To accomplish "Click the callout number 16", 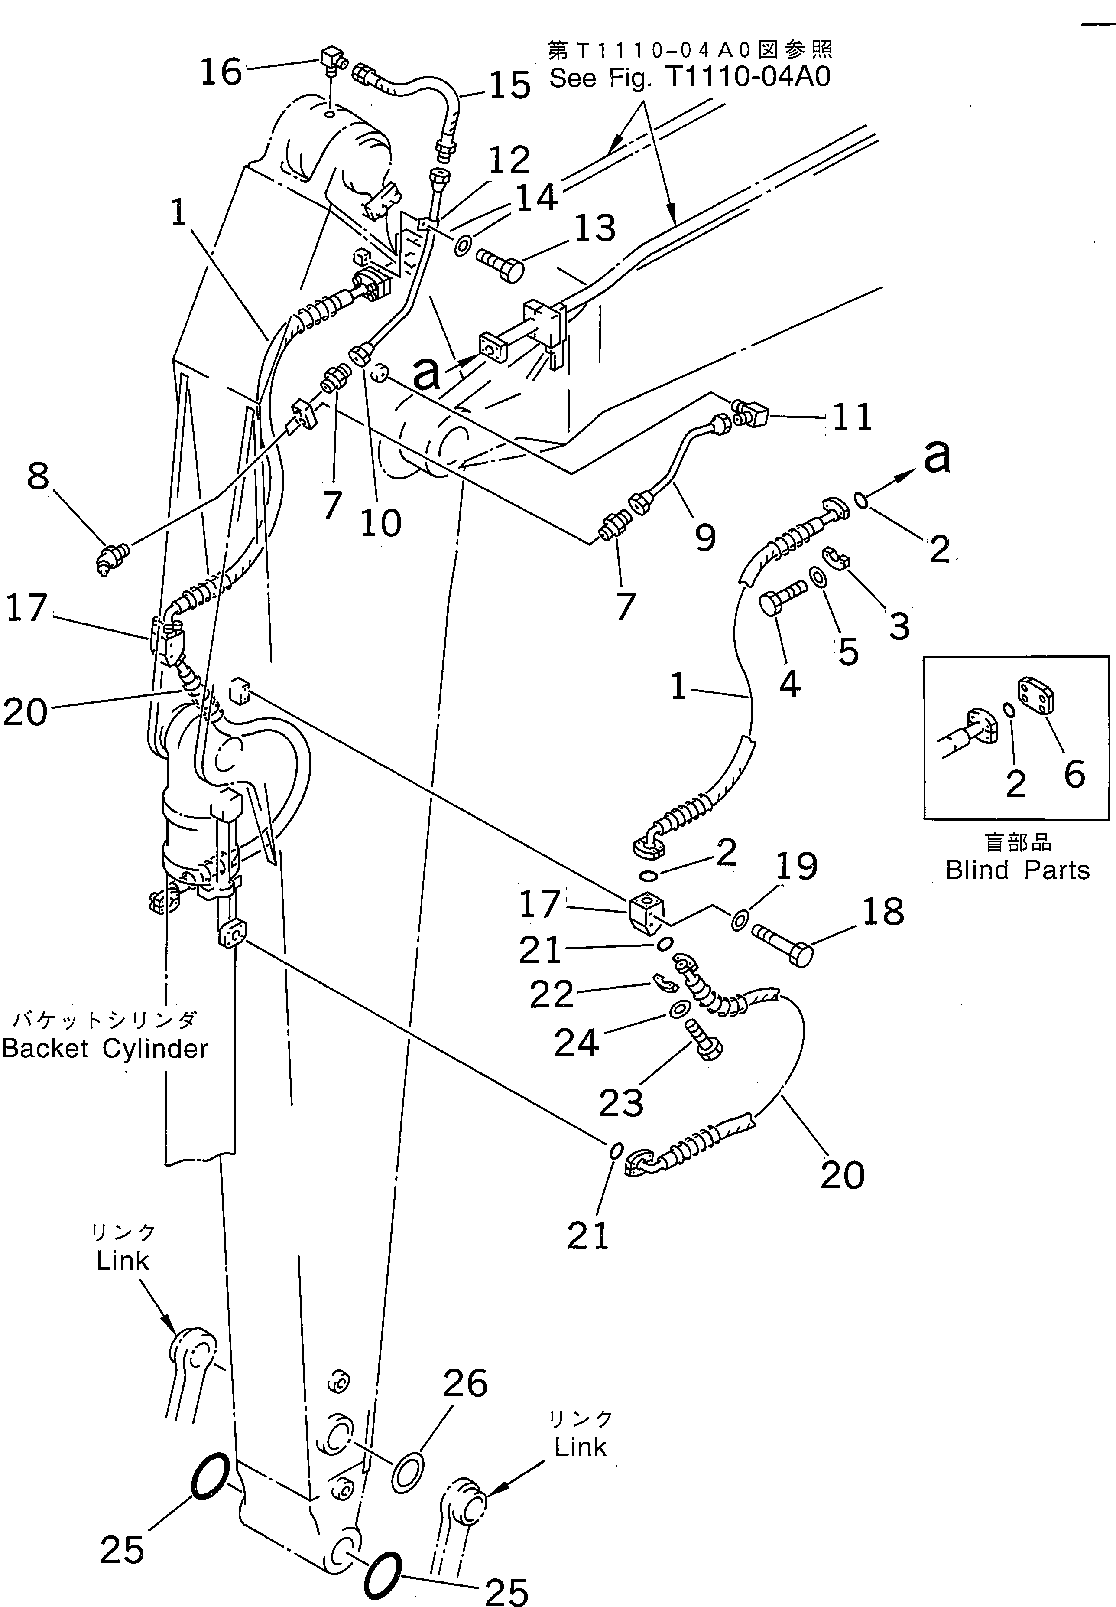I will coord(221,72).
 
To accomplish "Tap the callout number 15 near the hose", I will coord(509,87).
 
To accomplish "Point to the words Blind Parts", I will coord(1017,870).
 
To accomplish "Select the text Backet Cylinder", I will coord(105,1049).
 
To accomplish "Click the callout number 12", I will coord(509,160).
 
